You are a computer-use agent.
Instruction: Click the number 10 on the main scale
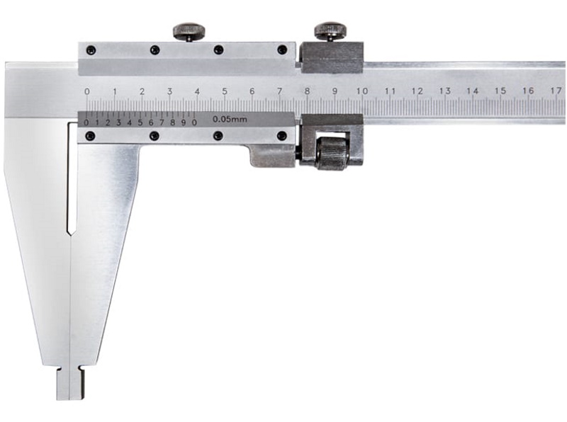point(362,91)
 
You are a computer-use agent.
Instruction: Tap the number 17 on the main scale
point(556,90)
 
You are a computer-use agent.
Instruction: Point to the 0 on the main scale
point(86,91)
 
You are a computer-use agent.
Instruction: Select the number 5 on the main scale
point(225,91)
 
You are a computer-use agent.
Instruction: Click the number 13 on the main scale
point(445,91)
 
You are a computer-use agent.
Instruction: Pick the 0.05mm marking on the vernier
point(230,119)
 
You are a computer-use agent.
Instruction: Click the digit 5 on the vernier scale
point(140,122)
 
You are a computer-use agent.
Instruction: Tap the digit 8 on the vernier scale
point(172,122)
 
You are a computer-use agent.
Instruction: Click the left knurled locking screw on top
point(189,32)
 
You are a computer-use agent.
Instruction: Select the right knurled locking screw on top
point(330,32)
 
